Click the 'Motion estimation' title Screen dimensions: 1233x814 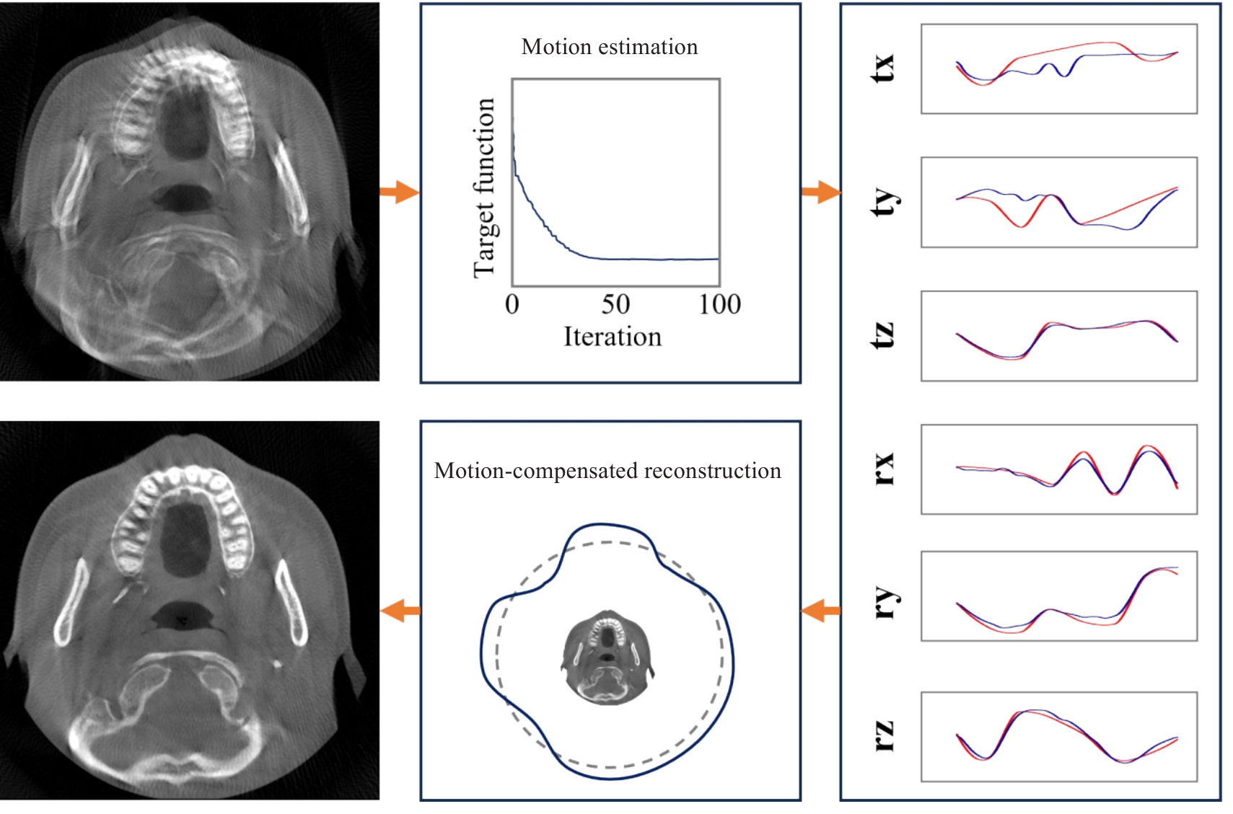[610, 48]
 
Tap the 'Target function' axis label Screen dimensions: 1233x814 [484, 187]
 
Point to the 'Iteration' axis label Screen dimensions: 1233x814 [613, 337]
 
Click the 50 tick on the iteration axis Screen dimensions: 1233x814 [615, 304]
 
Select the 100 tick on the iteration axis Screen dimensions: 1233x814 [720, 304]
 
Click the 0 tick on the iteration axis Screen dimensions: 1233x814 [512, 304]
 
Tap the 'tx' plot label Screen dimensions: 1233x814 [883, 68]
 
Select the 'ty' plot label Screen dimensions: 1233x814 [885, 203]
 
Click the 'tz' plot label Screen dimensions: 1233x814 [883, 335]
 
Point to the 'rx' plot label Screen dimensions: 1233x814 [885, 469]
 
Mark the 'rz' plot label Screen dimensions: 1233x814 [885, 736]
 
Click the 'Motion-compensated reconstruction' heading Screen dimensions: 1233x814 [607, 472]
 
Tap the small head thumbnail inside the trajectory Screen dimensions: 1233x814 [607, 658]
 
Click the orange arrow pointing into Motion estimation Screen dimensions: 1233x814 [400, 192]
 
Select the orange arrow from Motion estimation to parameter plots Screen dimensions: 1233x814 [821, 192]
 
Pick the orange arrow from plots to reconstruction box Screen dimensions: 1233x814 [821, 611]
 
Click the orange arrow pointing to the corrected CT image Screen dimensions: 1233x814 [400, 611]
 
